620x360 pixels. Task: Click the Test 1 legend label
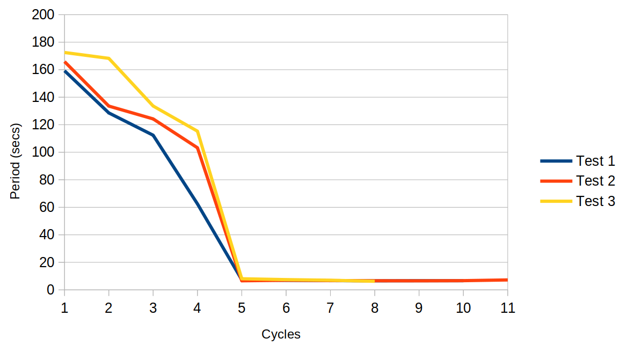tap(595, 161)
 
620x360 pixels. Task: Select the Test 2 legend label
tap(595, 181)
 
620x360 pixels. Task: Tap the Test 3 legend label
tap(595, 201)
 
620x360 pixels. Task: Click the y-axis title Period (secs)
tap(15, 161)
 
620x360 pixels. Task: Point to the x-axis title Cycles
tap(281, 334)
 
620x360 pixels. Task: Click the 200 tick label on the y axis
tap(43, 14)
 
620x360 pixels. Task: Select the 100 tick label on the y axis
tap(43, 152)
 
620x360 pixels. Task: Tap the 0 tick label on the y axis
tap(50, 290)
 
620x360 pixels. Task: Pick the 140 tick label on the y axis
tap(43, 97)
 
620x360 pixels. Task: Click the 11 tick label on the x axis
tap(507, 308)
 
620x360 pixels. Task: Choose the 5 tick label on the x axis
tap(242, 308)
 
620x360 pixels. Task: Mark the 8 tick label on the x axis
tap(375, 308)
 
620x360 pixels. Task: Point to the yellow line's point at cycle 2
tap(109, 58)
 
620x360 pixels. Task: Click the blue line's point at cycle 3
tap(153, 136)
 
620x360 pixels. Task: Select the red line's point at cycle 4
tap(198, 148)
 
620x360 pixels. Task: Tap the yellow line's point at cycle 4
tap(198, 131)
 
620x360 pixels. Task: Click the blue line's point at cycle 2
tap(109, 113)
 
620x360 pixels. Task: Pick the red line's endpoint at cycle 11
tap(507, 280)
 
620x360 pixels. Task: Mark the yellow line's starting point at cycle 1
tap(65, 53)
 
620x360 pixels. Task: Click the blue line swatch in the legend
tap(556, 161)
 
